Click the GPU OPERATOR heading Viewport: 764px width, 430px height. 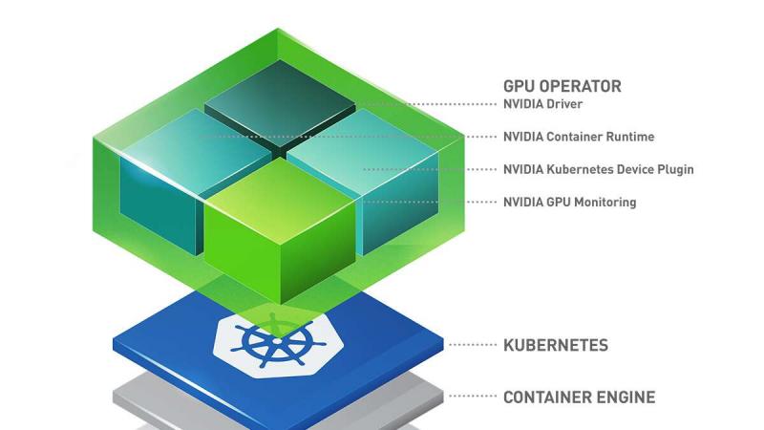[x=562, y=86]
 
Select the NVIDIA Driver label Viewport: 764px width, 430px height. [x=542, y=104]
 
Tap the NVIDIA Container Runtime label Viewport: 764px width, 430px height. [x=579, y=137]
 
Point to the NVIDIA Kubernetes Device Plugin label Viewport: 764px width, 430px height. [x=599, y=169]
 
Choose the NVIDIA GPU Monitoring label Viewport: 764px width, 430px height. [x=569, y=202]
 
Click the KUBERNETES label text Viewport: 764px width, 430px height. [x=556, y=345]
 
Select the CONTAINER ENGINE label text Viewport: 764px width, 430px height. [x=580, y=398]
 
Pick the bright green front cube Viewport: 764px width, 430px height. [x=280, y=229]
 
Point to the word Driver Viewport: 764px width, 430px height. [x=564, y=104]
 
